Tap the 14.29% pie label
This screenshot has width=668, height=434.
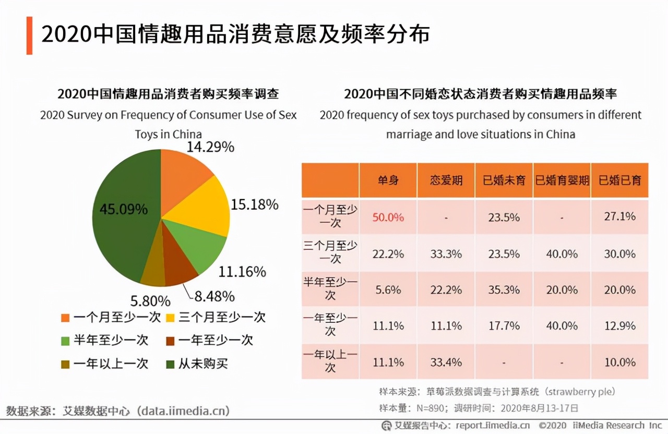(210, 147)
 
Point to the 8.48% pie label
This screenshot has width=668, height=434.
(214, 296)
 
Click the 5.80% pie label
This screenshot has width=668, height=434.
(150, 301)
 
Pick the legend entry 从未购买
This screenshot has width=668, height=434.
(203, 363)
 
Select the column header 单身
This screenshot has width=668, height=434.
(388, 180)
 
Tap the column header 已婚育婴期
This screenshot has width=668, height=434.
(562, 180)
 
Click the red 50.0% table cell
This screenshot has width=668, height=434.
(388, 217)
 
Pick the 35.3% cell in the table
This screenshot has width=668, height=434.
(504, 290)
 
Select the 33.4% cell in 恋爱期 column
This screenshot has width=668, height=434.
(446, 362)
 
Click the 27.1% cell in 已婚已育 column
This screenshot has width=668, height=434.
(619, 216)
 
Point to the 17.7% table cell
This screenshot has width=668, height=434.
(504, 325)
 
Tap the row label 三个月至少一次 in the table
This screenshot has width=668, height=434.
(330, 252)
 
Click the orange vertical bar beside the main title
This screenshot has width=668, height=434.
(30, 35)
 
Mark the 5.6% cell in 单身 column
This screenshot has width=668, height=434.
(388, 290)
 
